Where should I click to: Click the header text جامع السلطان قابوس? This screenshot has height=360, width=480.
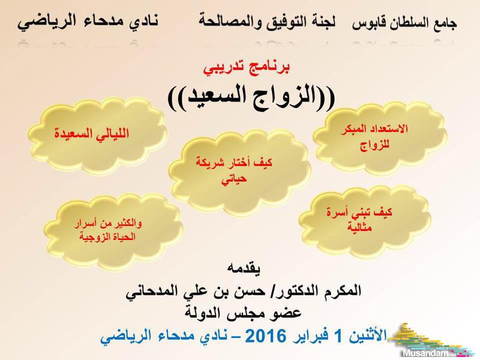(x=404, y=23)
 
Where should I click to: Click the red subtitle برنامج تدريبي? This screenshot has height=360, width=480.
(x=247, y=68)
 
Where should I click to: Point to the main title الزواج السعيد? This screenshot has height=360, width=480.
(x=251, y=97)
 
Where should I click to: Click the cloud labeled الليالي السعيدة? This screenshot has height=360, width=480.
(x=97, y=136)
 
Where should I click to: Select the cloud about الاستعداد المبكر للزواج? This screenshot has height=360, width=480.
(x=379, y=137)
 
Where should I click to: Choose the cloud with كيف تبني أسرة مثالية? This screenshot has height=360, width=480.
(x=364, y=220)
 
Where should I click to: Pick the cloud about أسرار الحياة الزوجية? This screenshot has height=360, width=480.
(x=113, y=230)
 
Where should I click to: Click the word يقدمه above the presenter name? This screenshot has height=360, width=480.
(x=244, y=269)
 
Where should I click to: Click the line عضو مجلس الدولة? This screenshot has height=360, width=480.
(x=244, y=313)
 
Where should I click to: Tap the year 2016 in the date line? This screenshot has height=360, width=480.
(x=265, y=336)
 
